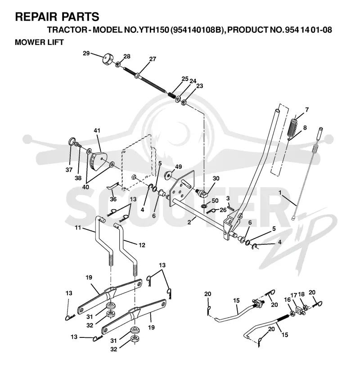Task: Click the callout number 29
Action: tap(86, 53)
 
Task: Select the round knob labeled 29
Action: tap(108, 58)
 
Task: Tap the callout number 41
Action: tap(97, 130)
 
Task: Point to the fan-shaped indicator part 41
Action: tap(98, 161)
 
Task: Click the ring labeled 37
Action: tap(72, 142)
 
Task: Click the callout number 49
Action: tap(179, 166)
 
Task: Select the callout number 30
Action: tap(216, 178)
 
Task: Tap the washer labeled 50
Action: tap(203, 206)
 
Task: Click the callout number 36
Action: tap(113, 199)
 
